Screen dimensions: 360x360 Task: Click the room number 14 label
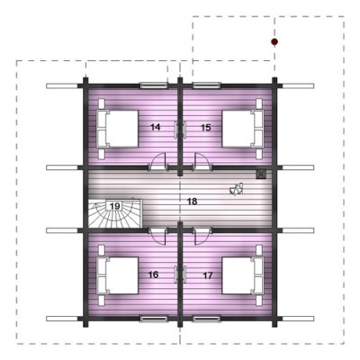tap(155, 127)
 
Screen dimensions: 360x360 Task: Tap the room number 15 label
tap(206, 128)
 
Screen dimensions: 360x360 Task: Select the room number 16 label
tap(153, 274)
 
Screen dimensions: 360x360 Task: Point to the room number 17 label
tap(208, 275)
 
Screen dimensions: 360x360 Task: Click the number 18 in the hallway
tap(192, 202)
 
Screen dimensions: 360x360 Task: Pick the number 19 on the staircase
tap(115, 206)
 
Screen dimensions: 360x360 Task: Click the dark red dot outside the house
tap(274, 41)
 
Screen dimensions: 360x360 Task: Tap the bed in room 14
tap(117, 129)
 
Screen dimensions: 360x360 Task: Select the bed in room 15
tap(243, 129)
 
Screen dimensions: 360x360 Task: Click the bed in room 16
tap(117, 275)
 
